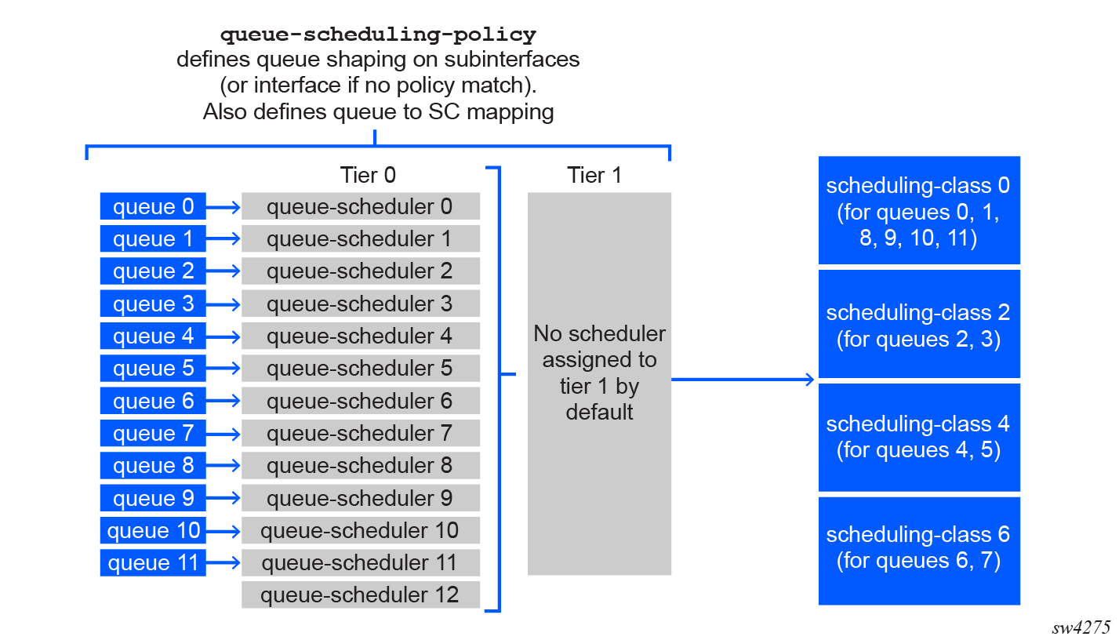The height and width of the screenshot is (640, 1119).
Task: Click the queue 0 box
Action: click(153, 205)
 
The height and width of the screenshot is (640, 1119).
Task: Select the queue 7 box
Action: click(153, 433)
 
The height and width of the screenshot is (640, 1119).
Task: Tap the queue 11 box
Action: click(153, 562)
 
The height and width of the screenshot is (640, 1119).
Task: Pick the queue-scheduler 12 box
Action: click(361, 595)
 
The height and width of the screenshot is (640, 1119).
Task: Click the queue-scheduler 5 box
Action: click(361, 368)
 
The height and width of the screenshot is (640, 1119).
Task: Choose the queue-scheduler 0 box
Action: click(361, 205)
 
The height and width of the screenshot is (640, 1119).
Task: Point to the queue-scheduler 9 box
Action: click(361, 497)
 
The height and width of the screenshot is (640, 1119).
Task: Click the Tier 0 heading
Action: click(369, 176)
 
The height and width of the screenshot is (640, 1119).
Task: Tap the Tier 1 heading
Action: click(594, 176)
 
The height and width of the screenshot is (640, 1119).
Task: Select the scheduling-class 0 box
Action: click(919, 210)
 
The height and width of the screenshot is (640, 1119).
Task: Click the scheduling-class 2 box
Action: click(919, 324)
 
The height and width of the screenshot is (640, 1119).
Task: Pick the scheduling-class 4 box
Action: click(919, 437)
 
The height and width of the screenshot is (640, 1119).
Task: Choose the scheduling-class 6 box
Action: click(919, 551)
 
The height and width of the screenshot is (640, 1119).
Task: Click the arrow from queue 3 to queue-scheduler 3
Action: click(223, 304)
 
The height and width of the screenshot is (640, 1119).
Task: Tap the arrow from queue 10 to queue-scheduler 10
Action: click(223, 531)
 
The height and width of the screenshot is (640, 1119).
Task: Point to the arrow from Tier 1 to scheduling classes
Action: click(743, 379)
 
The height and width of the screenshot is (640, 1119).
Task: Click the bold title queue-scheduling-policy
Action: click(378, 35)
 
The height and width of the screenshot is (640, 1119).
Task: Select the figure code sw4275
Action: click(1081, 627)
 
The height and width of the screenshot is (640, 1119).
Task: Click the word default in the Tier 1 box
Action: click(599, 413)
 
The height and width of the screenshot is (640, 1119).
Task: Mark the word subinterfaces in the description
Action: click(511, 60)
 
